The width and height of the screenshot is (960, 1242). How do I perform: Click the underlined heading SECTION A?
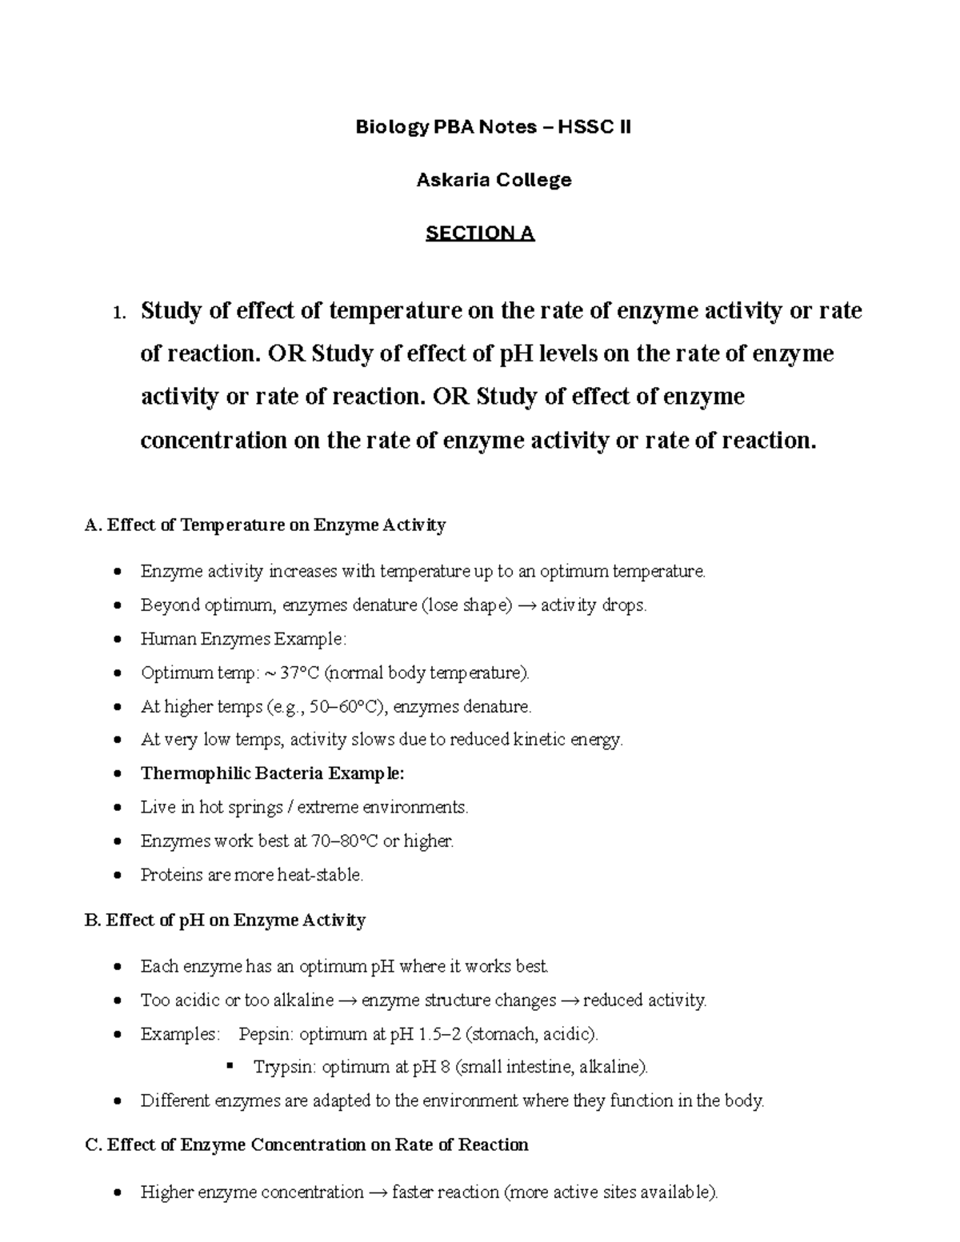[x=480, y=234]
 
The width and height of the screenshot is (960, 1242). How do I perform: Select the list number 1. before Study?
[x=119, y=313]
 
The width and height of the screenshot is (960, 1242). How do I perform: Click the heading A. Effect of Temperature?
[x=265, y=525]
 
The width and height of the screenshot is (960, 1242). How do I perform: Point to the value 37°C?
[x=300, y=673]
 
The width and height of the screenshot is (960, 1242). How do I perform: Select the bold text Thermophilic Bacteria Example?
[x=273, y=774]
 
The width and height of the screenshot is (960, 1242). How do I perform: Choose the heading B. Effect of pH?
[x=225, y=921]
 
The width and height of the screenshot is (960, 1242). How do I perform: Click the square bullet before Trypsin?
[x=230, y=1066]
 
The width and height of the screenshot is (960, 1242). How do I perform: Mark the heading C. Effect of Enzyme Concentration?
[x=306, y=1145]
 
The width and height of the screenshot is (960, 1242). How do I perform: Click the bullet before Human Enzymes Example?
[x=118, y=640]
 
